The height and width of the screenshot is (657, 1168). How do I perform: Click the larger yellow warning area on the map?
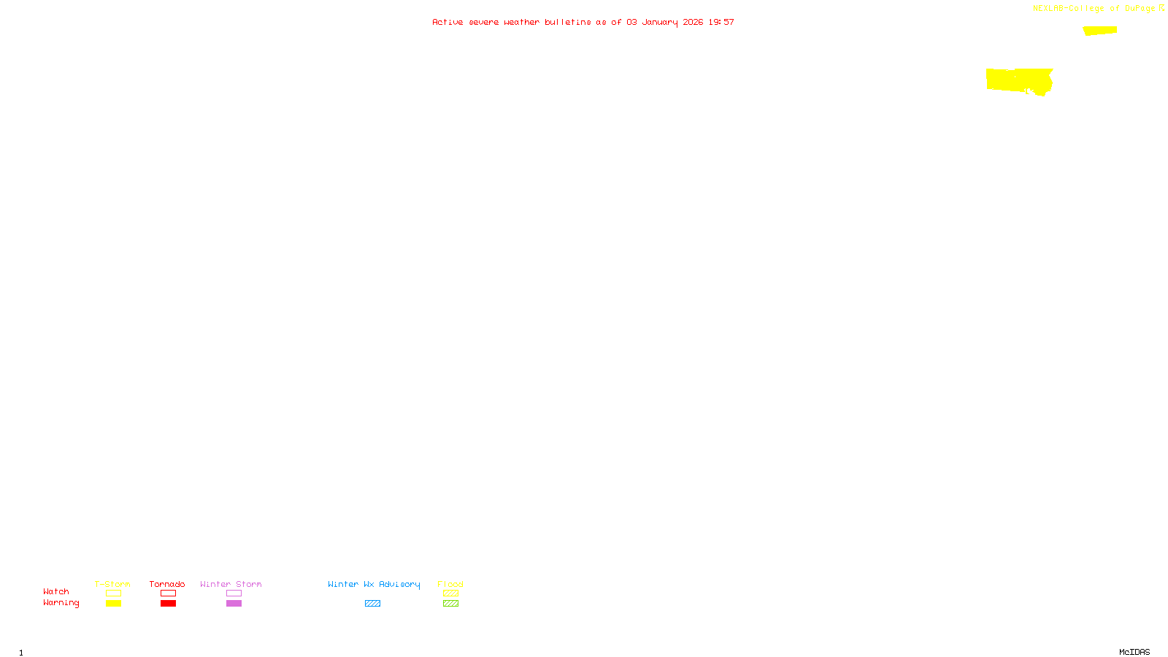click(x=1018, y=80)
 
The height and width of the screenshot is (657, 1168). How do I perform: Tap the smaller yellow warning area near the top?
click(x=1100, y=31)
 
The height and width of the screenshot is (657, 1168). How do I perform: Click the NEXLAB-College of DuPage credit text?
click(x=1094, y=9)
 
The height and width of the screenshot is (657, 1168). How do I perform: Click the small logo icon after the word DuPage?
click(x=1161, y=8)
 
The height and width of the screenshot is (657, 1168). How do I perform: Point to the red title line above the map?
click(x=583, y=22)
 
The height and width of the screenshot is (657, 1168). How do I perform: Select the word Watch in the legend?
click(x=56, y=591)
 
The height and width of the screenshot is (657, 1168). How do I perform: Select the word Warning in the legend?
click(x=61, y=603)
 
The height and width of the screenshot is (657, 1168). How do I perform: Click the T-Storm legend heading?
click(x=112, y=584)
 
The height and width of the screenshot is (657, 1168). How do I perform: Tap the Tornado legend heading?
click(x=167, y=584)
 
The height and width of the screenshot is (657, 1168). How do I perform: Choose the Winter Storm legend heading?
click(x=231, y=584)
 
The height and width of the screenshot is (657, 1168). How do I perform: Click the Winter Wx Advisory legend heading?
click(x=374, y=584)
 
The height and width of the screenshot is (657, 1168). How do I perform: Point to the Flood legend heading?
click(x=450, y=584)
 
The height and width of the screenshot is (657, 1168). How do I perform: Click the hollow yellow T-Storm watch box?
click(x=113, y=593)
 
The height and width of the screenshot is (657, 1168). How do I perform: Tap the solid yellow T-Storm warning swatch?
click(x=113, y=604)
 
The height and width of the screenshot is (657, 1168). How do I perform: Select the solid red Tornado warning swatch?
click(x=168, y=604)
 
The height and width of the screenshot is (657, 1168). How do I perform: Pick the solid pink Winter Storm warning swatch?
click(x=234, y=604)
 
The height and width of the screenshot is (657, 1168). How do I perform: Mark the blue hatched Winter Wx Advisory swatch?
click(x=372, y=604)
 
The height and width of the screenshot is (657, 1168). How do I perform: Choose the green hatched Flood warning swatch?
click(x=450, y=604)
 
